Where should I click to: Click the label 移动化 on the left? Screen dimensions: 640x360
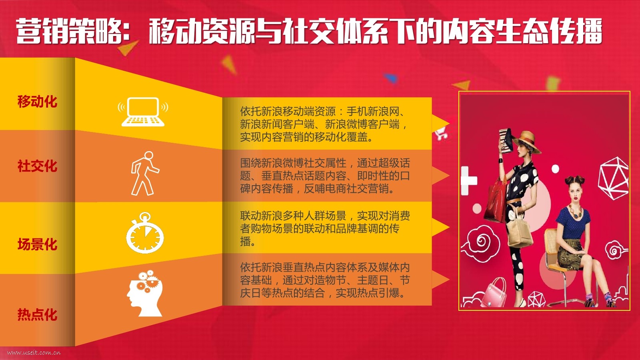click(38, 102)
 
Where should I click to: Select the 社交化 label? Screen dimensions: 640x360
click(38, 166)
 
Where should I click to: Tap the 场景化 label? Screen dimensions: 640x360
click(38, 244)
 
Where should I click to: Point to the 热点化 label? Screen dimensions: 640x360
click(38, 314)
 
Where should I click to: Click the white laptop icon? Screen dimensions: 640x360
click(143, 112)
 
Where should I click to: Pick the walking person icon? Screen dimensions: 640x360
click(144, 173)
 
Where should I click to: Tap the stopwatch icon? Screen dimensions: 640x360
click(145, 233)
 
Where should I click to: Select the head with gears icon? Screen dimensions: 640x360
click(145, 293)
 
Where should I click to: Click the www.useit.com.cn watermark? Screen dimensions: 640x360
click(34, 352)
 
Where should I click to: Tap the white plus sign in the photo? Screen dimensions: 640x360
click(468, 180)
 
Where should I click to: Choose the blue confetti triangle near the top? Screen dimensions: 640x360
click(391, 78)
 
